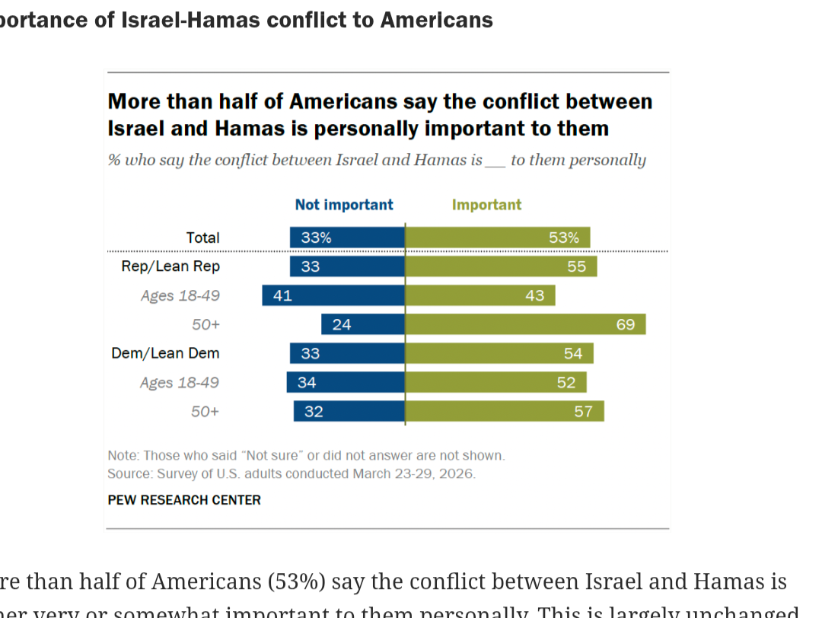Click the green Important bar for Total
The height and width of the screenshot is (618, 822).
(x=497, y=237)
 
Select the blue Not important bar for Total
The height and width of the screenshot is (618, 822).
(x=347, y=237)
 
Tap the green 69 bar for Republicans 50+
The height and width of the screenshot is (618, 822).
(x=525, y=324)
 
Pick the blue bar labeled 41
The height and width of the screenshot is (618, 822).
(x=333, y=295)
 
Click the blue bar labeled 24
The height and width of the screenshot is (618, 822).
(x=363, y=324)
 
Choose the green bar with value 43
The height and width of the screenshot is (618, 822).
(x=480, y=295)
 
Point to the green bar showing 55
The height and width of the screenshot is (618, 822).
(x=501, y=266)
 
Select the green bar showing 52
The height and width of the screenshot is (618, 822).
(x=495, y=382)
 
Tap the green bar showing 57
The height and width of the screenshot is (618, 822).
(x=505, y=411)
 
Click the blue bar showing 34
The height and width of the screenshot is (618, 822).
(x=346, y=382)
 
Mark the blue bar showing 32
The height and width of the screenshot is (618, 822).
(x=349, y=411)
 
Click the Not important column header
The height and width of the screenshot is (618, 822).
(x=344, y=205)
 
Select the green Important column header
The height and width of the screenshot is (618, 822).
(x=486, y=205)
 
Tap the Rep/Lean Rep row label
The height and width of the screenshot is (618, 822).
(x=170, y=266)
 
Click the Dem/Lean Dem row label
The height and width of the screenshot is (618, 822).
(x=165, y=353)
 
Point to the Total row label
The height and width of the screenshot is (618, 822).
(x=202, y=237)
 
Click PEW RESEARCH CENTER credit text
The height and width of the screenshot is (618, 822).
(x=184, y=500)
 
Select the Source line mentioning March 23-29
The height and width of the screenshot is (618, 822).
(x=291, y=473)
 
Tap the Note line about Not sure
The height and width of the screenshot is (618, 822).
(x=306, y=456)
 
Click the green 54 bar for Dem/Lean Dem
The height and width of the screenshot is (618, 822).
(x=499, y=353)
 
